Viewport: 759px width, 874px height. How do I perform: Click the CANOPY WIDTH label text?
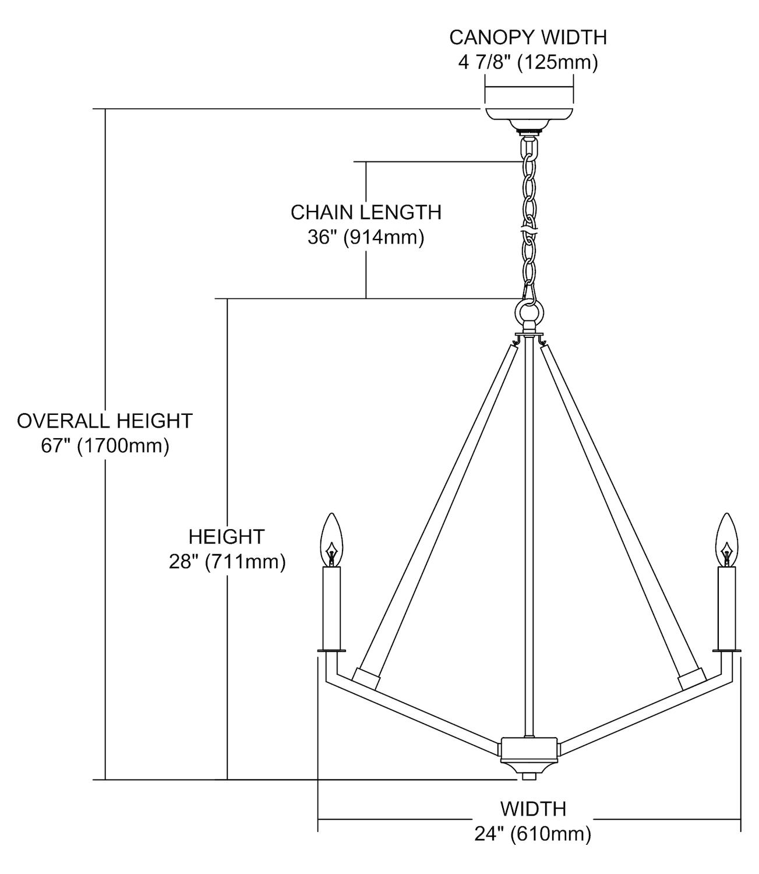click(528, 37)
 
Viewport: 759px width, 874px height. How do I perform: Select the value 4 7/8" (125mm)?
click(528, 62)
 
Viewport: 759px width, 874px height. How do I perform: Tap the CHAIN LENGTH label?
click(366, 212)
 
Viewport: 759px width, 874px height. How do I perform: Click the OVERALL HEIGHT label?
click(105, 421)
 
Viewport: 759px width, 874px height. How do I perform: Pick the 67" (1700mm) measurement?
click(105, 446)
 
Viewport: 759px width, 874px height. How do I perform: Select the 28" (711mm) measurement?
click(227, 562)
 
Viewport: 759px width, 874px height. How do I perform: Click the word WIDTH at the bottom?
click(533, 809)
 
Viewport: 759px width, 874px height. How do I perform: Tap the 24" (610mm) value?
click(533, 834)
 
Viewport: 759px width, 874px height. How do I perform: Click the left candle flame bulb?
click(331, 537)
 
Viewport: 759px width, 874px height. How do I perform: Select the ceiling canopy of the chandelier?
click(528, 114)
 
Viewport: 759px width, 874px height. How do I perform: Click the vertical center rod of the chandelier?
click(528, 524)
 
